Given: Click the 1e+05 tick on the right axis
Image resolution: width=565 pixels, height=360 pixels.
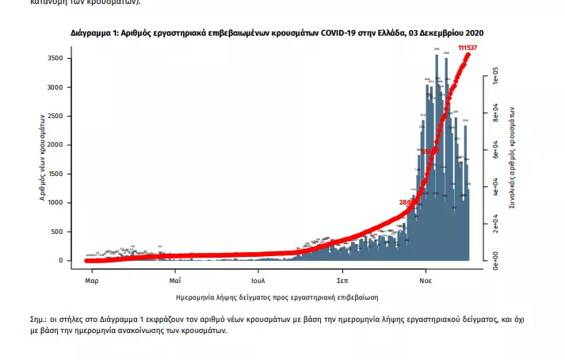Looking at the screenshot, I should click(x=495, y=80).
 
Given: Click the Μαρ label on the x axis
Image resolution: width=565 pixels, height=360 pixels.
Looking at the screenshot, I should click(x=91, y=281).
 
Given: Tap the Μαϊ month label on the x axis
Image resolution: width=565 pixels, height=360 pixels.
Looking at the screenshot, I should click(x=175, y=281).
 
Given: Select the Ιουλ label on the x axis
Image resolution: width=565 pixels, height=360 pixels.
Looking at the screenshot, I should click(x=258, y=281).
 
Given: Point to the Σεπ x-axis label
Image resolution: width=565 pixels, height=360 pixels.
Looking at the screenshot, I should click(x=342, y=281).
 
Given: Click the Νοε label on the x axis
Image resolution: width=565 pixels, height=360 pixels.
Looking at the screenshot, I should click(x=425, y=281).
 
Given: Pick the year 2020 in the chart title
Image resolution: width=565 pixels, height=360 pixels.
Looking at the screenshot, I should click(x=474, y=33).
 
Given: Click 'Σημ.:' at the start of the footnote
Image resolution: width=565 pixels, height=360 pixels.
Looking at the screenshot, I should click(x=38, y=319).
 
